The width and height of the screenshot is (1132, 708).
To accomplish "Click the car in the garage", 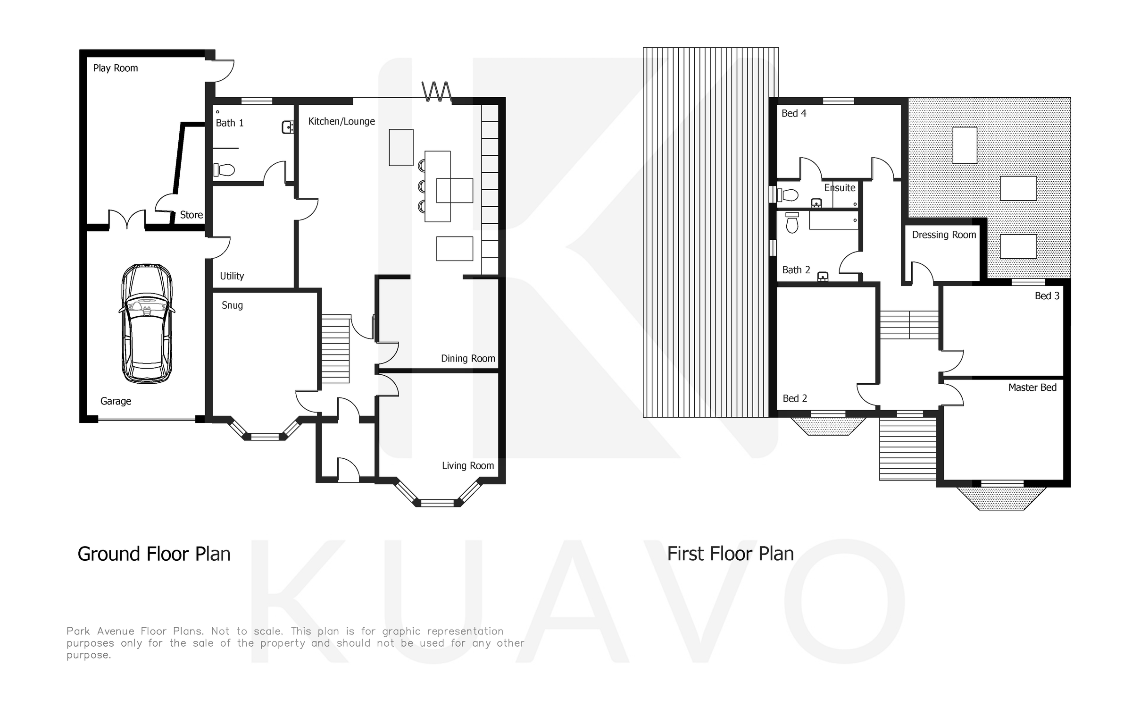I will pyautogui.click(x=146, y=323).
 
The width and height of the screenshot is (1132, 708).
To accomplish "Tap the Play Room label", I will pyautogui.click(x=116, y=68).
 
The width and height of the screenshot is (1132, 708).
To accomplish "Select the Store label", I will pyautogui.click(x=191, y=215).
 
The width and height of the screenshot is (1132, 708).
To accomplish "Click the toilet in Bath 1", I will pyautogui.click(x=225, y=169).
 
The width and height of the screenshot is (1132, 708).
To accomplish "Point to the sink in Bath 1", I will pyautogui.click(x=288, y=126).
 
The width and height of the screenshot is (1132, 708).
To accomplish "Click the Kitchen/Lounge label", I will pyautogui.click(x=341, y=121).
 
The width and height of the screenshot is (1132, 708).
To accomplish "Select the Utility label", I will pyautogui.click(x=232, y=276).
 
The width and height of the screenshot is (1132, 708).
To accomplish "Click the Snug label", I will pyautogui.click(x=232, y=305).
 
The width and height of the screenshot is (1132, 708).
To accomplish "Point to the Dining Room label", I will pyautogui.click(x=468, y=358).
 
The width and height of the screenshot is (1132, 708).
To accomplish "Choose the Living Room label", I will pyautogui.click(x=468, y=466).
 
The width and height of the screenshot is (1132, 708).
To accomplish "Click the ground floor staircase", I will pyautogui.click(x=336, y=349).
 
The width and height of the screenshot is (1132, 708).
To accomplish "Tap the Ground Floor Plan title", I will pyautogui.click(x=154, y=554).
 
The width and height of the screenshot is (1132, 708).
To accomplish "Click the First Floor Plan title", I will pyautogui.click(x=730, y=554).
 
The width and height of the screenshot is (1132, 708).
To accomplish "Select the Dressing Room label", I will pyautogui.click(x=944, y=235).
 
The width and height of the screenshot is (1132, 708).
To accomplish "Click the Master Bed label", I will pyautogui.click(x=1032, y=388).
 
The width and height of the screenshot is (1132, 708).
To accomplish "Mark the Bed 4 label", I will pyautogui.click(x=794, y=113).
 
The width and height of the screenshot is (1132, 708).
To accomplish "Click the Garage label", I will pyautogui.click(x=116, y=401).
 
